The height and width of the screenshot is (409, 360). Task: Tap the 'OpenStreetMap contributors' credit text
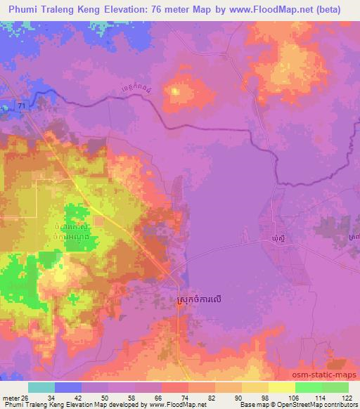point(317,405)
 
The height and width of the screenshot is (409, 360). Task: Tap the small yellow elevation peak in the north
point(173,91)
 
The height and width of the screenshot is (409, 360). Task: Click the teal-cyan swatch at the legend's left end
point(41,387)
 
